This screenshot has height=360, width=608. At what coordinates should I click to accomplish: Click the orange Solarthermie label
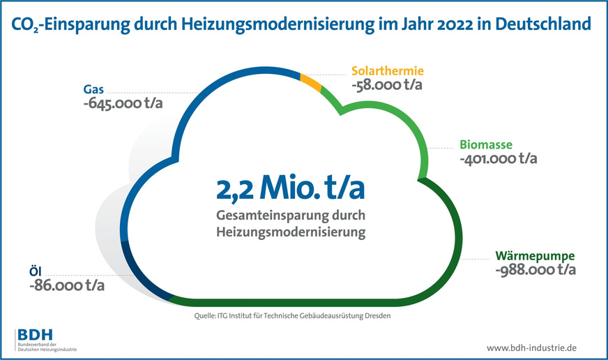coord(388,71)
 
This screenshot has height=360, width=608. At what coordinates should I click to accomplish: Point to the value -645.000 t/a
coord(123,105)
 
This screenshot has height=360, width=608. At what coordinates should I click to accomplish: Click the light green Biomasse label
coord(486,145)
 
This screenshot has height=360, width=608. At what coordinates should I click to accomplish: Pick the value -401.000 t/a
coord(498,160)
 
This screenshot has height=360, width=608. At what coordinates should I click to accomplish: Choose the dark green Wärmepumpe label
coord(535,255)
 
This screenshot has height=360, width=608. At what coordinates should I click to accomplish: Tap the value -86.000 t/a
coord(68,286)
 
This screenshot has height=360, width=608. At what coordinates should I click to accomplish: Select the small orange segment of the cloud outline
coord(311,82)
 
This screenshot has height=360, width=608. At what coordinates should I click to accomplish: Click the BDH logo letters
coord(33,334)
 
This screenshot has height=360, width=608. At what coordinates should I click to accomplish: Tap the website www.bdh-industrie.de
coord(531,347)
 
